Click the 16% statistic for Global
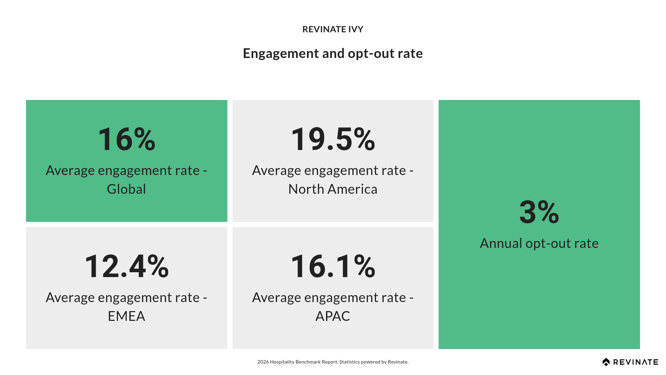127,139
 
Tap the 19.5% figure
333,139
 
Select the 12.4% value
127,266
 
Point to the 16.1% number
333,266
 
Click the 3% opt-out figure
539,212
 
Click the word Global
126,189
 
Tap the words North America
333,189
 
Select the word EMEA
126,316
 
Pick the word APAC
333,316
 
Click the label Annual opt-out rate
539,243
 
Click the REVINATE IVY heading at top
333,29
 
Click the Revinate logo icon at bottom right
606,362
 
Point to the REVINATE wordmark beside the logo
636,362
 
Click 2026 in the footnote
263,362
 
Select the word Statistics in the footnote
349,362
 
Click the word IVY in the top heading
356,29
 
